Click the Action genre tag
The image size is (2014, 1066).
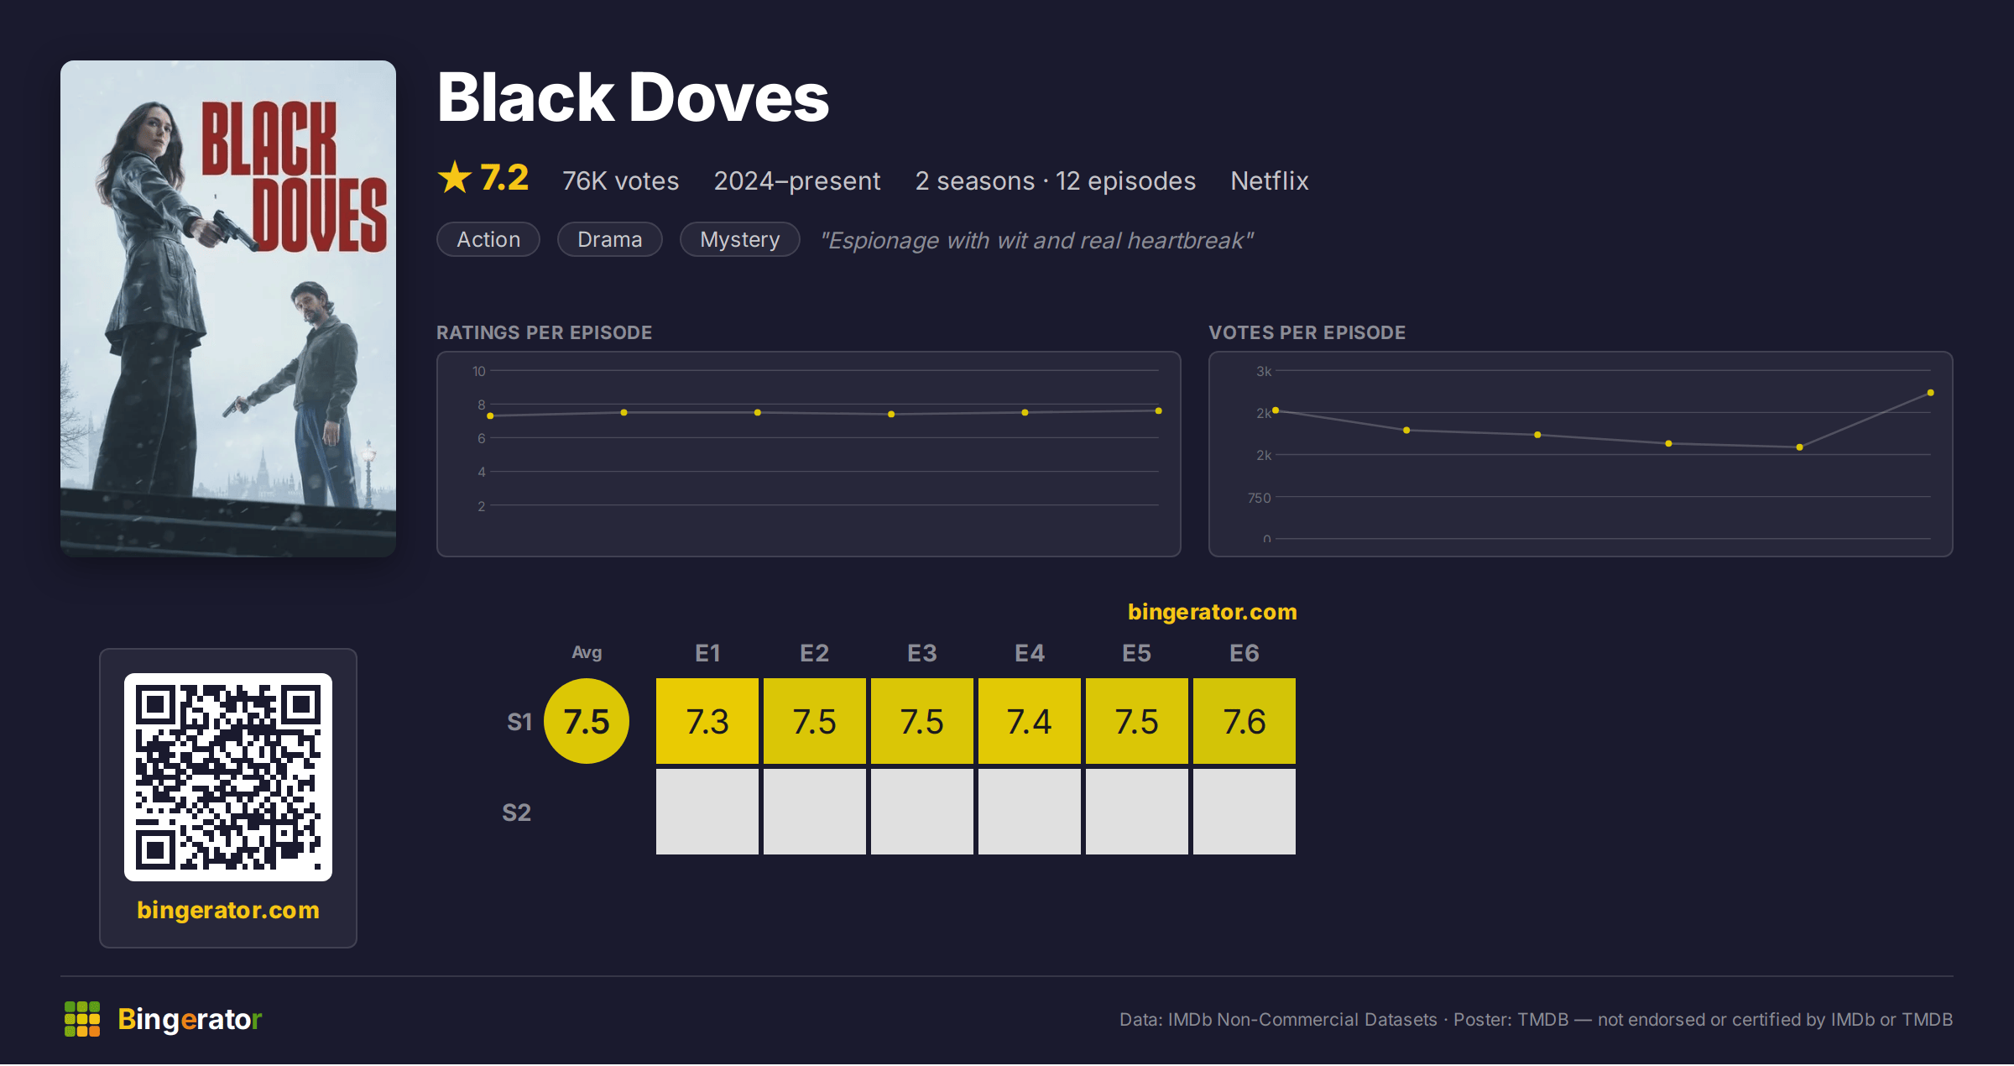[488, 239]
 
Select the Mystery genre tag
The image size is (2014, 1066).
[739, 239]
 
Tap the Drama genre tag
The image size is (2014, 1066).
[610, 239]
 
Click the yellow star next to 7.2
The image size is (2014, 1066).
[455, 177]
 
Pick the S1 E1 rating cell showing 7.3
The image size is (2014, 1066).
[707, 721]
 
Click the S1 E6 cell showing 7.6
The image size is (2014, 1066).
[1244, 721]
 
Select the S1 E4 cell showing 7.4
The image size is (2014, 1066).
[1030, 721]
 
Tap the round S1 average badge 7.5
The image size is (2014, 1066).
[587, 721]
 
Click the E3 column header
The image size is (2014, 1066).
[922, 653]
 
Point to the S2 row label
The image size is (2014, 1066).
[517, 813]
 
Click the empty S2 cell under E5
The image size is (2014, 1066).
[1137, 812]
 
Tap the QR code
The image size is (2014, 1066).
[228, 777]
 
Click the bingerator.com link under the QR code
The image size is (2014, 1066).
[228, 910]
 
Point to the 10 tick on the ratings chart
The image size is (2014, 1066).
[478, 371]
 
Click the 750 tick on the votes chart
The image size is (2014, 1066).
[1260, 498]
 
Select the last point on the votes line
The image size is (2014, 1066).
[1931, 393]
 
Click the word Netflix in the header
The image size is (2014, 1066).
[1270, 180]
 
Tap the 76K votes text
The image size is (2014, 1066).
[621, 180]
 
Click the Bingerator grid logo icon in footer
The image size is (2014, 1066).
[82, 1019]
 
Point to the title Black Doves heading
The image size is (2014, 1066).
[634, 97]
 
